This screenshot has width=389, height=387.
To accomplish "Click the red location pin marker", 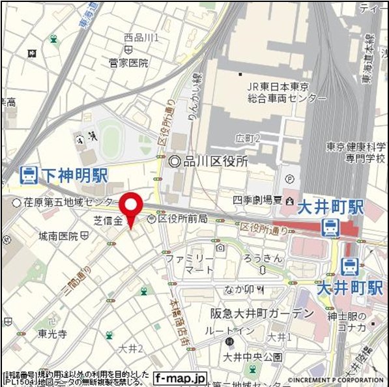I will [132, 207].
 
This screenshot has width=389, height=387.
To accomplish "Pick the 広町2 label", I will [248, 138].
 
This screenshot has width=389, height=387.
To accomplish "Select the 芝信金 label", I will [109, 221].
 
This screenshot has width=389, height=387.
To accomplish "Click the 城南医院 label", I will [58, 235].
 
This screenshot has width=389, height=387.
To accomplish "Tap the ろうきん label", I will [263, 259].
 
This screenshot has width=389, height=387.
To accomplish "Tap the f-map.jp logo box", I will [180, 377].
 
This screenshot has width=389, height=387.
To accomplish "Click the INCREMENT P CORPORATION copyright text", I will [335, 380].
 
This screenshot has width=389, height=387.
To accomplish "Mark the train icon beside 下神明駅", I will [28, 175].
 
